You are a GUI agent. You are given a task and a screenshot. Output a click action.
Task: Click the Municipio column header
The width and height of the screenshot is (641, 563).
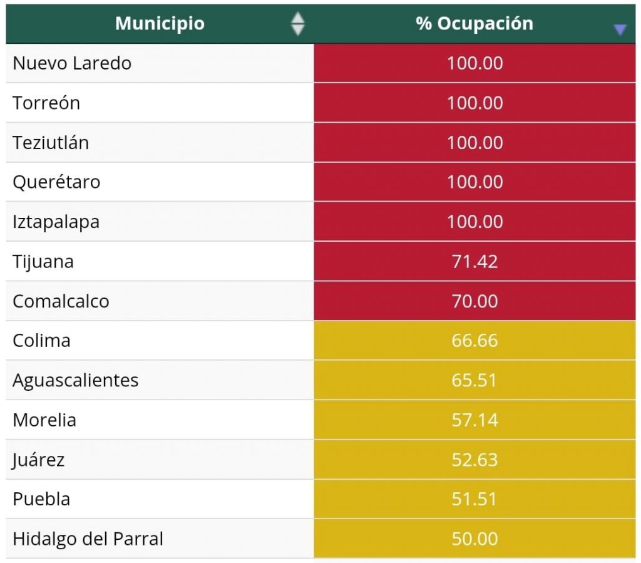[160, 24]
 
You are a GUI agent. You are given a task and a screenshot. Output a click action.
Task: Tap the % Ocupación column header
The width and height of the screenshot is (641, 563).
[474, 24]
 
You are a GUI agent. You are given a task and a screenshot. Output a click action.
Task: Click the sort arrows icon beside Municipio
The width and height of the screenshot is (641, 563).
[298, 24]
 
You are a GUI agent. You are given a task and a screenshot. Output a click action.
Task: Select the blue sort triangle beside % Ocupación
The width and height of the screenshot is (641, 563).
[620, 29]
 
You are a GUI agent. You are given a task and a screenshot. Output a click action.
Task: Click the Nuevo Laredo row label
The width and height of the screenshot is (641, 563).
[72, 63]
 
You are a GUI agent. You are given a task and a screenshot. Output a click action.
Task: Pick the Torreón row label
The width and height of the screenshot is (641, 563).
[46, 103]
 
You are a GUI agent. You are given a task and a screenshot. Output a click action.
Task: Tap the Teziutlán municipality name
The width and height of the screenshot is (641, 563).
[51, 143]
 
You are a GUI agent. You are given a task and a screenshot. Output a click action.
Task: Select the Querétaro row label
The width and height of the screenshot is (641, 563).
[56, 182]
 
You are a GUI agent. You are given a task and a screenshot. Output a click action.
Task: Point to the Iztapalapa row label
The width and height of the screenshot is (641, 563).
[56, 222]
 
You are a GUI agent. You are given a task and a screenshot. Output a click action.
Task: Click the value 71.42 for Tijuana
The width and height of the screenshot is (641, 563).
[474, 261]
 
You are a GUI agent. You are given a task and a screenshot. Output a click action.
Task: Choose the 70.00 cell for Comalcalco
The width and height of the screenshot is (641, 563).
[474, 301]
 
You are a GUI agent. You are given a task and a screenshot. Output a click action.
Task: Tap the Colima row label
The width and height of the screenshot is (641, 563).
[41, 341]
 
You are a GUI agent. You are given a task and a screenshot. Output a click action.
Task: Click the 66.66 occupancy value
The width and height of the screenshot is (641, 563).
[474, 341]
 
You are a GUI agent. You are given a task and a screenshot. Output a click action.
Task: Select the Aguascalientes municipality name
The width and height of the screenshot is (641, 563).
[75, 380]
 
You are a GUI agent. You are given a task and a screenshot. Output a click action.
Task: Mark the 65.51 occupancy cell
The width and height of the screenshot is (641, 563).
[474, 380]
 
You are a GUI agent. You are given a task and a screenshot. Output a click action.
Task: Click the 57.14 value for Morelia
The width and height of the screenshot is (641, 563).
[474, 420]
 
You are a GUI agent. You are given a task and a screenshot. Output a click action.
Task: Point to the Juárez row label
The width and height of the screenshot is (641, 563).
[38, 460]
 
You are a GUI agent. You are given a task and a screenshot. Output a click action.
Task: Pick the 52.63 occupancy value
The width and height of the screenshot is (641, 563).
[474, 460]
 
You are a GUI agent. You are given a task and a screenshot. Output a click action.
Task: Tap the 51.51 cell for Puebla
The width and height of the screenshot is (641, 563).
[474, 499]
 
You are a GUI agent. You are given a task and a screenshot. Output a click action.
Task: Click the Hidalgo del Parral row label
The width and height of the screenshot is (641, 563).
[88, 539]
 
